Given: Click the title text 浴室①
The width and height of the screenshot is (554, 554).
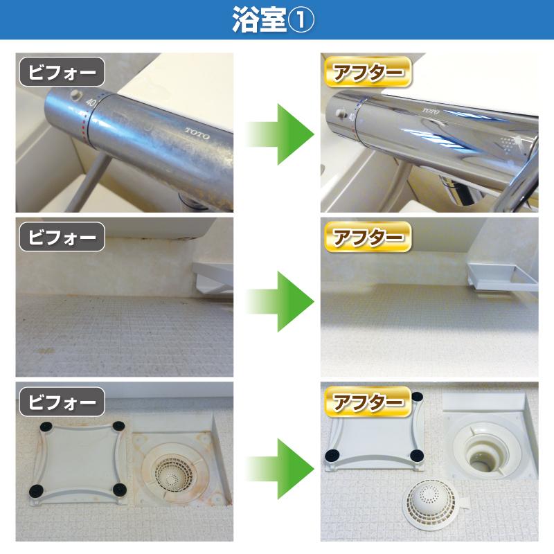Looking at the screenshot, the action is [273, 20].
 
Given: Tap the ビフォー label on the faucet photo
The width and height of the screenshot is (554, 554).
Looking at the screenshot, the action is [62, 72].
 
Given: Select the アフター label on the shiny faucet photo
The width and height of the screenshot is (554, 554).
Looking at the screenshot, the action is [368, 72].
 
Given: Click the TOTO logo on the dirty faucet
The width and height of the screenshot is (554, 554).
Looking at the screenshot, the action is [197, 134].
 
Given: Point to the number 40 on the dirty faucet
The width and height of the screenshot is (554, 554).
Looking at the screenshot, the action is [91, 102].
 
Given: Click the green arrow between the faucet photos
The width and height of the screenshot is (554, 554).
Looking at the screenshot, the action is [280, 134].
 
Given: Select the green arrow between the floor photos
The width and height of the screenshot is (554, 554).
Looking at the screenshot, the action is [280, 301].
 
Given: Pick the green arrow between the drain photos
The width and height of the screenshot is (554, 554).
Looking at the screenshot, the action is [280, 469].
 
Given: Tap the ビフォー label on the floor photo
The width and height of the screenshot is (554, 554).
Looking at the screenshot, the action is [62, 237].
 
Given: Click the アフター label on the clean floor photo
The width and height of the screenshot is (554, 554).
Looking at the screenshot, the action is [368, 237].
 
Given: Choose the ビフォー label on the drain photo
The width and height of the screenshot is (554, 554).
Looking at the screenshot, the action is [62, 402].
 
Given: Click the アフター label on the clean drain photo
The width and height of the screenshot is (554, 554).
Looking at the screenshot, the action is [368, 402].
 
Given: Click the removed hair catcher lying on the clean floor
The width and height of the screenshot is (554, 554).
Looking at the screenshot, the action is [431, 504].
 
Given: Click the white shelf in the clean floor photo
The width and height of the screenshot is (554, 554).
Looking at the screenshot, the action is [501, 276].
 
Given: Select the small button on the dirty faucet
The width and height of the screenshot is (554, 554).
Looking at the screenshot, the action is [75, 94].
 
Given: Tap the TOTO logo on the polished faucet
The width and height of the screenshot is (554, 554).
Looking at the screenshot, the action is [431, 111].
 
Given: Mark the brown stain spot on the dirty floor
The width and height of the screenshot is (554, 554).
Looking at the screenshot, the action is [46, 351].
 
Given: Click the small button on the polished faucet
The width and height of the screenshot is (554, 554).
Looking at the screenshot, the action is [341, 112].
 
